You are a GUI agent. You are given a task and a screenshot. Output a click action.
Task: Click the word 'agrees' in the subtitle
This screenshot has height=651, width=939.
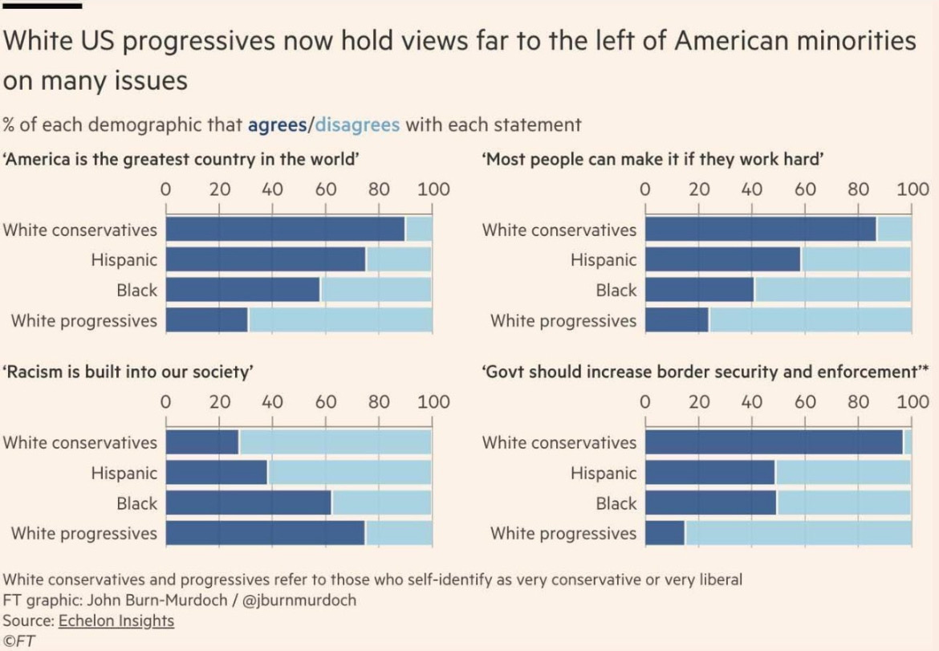tap(277, 125)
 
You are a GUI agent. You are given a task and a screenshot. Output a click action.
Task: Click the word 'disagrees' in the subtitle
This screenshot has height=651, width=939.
tap(357, 124)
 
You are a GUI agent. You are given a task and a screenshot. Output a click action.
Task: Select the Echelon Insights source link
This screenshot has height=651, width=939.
tap(116, 621)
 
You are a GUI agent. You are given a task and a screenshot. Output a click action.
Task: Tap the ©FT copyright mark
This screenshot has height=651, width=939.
tap(18, 641)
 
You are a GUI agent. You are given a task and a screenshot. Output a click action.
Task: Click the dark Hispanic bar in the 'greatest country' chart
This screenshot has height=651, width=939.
tap(266, 259)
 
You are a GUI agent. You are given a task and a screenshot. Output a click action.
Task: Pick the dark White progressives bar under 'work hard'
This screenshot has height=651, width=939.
tap(677, 319)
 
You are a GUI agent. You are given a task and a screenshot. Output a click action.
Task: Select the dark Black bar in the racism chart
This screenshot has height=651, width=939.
tap(249, 502)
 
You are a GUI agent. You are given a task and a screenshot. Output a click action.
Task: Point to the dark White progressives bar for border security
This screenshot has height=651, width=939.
tap(665, 533)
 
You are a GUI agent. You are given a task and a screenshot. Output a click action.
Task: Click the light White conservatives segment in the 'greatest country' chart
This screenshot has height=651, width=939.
tap(419, 229)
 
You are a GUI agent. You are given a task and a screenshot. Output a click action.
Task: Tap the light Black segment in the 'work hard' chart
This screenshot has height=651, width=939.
tap(833, 290)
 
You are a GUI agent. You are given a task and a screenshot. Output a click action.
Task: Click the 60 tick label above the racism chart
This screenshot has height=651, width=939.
tap(326, 402)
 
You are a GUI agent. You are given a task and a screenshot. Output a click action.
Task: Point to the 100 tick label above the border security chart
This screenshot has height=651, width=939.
tap(913, 402)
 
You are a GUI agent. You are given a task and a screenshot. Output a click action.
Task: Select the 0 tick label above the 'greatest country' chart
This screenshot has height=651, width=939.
tap(166, 189)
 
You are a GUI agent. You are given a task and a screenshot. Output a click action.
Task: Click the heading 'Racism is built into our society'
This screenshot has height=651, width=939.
tap(128, 372)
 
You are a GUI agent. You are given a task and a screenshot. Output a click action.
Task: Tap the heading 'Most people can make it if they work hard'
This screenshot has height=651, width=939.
tap(652, 159)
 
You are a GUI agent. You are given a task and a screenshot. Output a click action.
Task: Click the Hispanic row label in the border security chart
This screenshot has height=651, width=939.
tap(603, 473)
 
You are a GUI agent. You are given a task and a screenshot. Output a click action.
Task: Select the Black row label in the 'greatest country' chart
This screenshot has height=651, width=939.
tap(136, 291)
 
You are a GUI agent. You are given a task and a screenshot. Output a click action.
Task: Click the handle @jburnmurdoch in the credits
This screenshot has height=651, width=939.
tap(299, 600)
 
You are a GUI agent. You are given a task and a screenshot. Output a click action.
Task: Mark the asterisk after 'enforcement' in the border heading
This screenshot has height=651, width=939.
tap(925, 367)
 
